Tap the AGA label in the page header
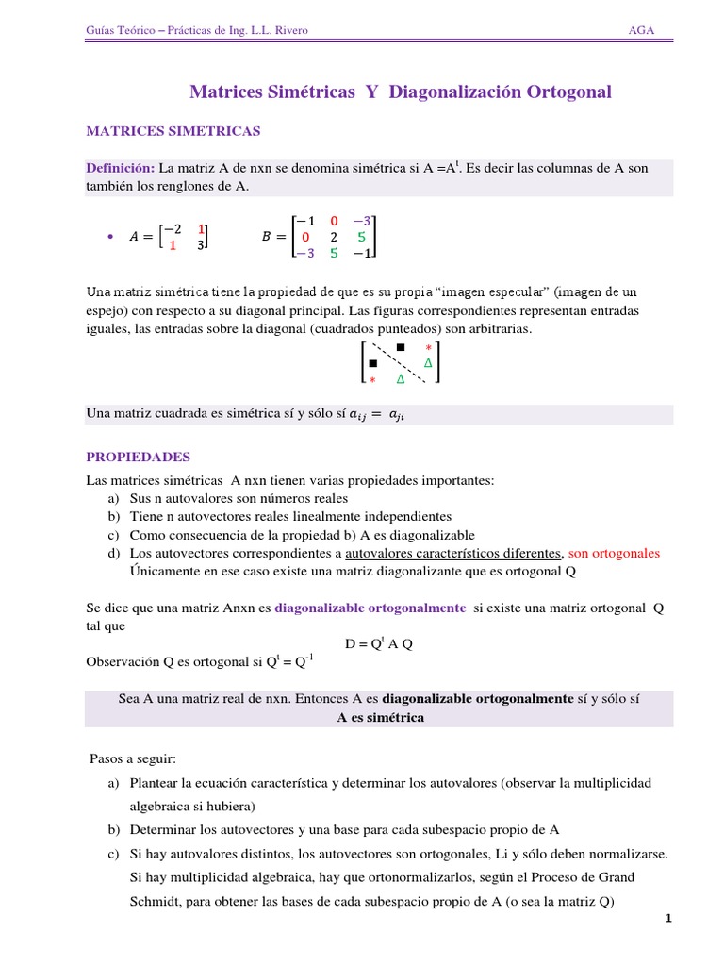point(642,31)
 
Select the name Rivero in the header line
point(288,31)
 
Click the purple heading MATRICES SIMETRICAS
point(173,130)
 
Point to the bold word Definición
point(121,168)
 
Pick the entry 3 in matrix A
point(201,245)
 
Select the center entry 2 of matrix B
point(334,238)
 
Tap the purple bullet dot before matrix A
point(110,238)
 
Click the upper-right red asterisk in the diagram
point(428,348)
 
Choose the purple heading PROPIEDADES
point(138,457)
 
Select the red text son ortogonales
point(614,553)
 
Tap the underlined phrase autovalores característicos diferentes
point(454,553)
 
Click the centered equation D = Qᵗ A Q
point(379,644)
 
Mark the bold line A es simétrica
point(380,718)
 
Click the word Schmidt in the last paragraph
point(155,901)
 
